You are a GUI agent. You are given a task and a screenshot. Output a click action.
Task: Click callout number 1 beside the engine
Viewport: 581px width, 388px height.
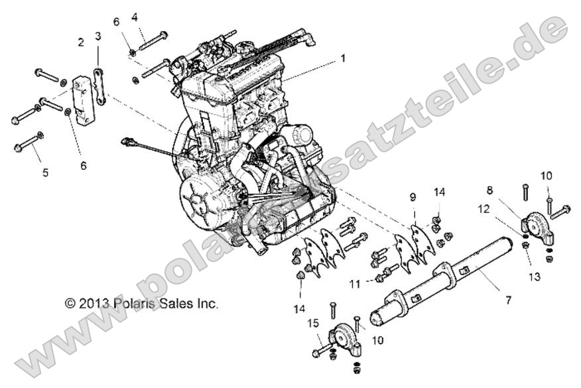[343, 58]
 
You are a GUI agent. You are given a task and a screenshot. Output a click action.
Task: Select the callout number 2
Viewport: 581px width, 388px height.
[81, 42]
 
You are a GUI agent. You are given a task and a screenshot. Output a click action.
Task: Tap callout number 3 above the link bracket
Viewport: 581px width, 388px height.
[98, 35]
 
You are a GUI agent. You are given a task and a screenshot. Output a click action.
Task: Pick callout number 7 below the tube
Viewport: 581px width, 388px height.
[508, 300]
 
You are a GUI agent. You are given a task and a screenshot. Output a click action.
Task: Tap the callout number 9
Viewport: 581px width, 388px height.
[413, 197]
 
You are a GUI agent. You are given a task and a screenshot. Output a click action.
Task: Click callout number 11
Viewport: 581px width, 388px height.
[354, 284]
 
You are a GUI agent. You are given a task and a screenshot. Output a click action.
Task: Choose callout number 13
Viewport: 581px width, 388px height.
[535, 275]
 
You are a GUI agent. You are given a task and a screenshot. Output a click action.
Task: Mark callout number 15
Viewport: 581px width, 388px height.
[313, 322]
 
